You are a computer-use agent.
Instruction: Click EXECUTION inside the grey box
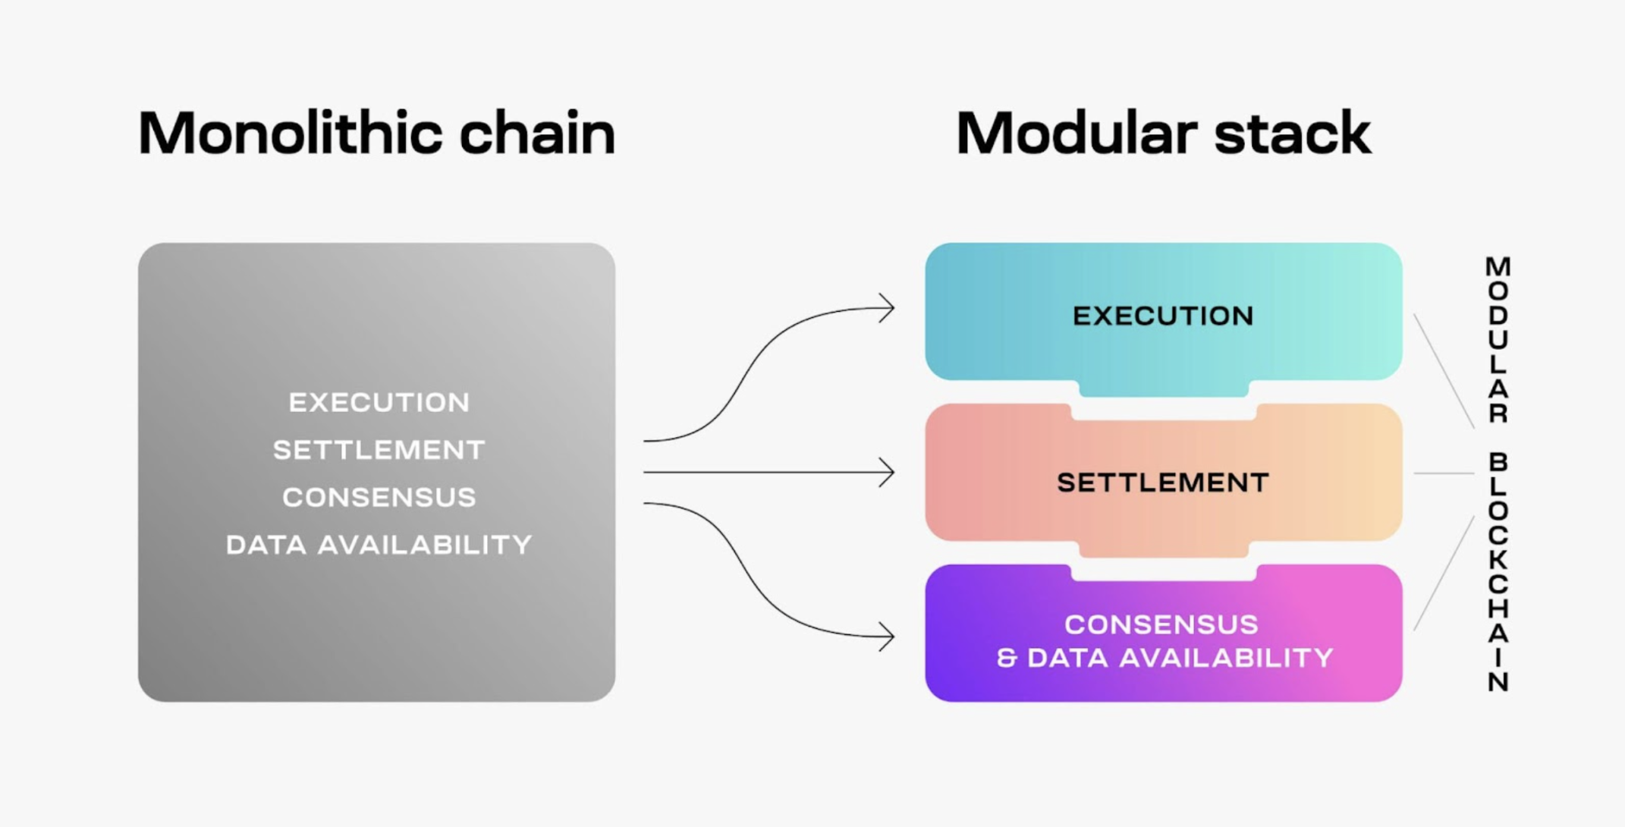click(x=379, y=402)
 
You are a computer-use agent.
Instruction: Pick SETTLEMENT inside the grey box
click(x=379, y=450)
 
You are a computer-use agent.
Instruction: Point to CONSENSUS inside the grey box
click(x=379, y=498)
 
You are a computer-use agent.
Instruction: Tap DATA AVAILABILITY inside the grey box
click(x=379, y=545)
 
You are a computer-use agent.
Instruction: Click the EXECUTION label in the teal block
click(x=1163, y=316)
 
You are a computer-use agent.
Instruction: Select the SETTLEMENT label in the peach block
click(x=1163, y=483)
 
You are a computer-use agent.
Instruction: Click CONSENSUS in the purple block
click(x=1161, y=624)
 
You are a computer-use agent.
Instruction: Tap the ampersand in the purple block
click(x=1007, y=658)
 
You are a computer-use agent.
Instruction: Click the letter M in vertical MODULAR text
click(x=1498, y=266)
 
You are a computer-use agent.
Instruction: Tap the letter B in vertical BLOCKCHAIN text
click(x=1498, y=461)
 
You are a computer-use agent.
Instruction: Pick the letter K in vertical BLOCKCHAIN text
click(x=1498, y=560)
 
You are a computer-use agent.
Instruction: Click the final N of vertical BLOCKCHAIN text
click(x=1498, y=682)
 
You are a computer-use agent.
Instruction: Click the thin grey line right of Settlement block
click(x=1444, y=473)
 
